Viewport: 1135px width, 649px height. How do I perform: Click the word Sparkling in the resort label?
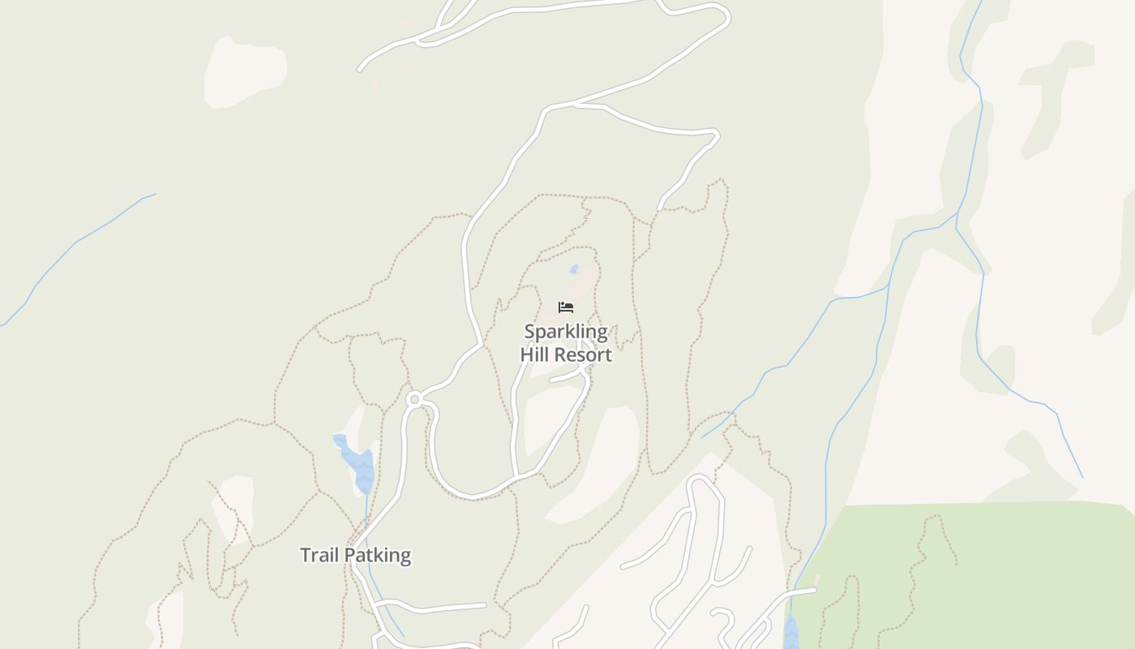(565, 332)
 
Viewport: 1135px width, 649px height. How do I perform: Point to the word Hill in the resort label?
(535, 355)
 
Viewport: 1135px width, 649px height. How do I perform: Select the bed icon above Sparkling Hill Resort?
(566, 307)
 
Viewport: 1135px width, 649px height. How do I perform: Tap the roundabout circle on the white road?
(414, 399)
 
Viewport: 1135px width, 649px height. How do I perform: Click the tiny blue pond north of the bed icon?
(574, 269)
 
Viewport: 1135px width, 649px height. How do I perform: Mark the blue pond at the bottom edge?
(791, 633)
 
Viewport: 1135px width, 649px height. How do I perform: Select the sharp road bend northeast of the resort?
(714, 135)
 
